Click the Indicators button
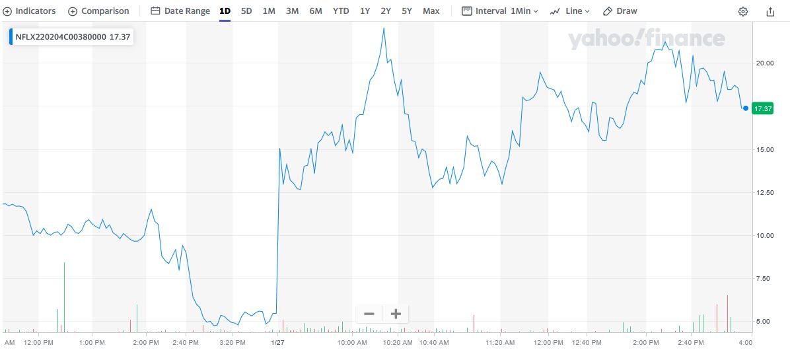[30, 11]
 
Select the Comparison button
[98, 11]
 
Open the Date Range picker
[180, 11]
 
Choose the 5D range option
[246, 11]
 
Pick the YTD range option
[341, 11]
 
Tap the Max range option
[431, 11]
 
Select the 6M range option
[316, 11]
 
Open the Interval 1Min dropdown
[500, 11]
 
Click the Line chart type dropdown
[570, 11]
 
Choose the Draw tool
[620, 11]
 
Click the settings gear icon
[743, 12]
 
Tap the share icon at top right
[770, 12]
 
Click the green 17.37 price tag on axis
[764, 108]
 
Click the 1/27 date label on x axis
[277, 343]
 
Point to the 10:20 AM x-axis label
[398, 343]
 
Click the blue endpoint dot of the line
[745, 108]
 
